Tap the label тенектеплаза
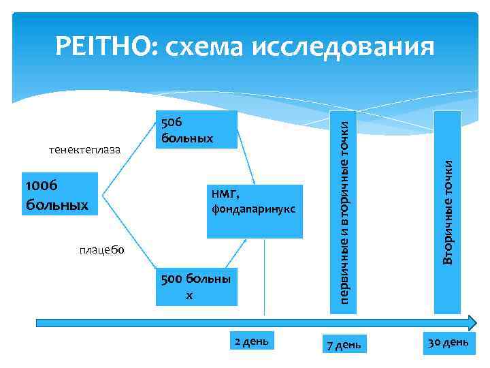[84, 149]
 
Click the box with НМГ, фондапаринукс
[255, 211]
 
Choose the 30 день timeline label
[447, 340]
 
